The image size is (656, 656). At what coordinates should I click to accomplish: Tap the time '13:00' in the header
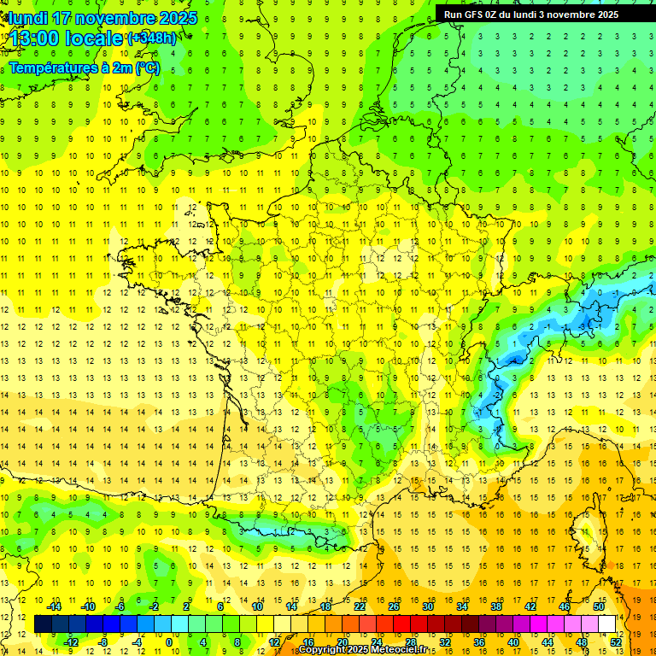click(34, 38)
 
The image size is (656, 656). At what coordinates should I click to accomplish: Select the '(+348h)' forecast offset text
click(152, 38)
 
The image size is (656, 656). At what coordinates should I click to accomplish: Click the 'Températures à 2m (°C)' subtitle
click(84, 68)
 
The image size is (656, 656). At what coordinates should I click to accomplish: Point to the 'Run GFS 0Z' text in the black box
click(471, 14)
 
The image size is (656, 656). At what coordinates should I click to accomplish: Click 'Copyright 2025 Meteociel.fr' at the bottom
click(362, 650)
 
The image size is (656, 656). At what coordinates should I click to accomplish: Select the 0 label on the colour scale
click(169, 641)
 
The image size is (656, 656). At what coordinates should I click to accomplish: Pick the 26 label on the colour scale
click(394, 606)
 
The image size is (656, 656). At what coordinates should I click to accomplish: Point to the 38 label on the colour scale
click(496, 606)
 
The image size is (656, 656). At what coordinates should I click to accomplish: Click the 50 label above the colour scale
click(599, 606)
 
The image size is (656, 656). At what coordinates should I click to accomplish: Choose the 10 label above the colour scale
click(257, 606)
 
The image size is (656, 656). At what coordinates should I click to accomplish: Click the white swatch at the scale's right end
click(607, 624)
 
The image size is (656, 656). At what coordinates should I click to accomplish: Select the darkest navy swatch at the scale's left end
click(43, 624)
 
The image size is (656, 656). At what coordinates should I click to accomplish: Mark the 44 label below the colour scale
click(548, 641)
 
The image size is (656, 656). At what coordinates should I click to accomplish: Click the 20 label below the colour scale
click(343, 641)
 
